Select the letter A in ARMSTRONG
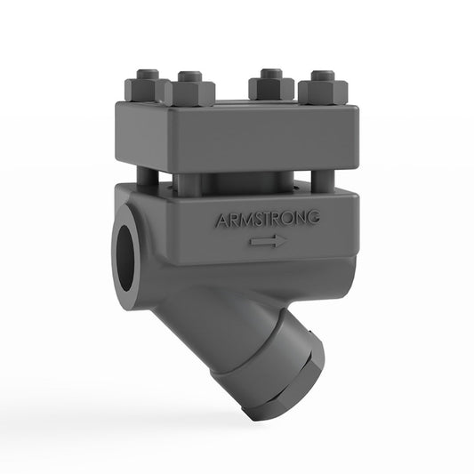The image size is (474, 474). coord(220,220)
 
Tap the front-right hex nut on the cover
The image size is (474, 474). coord(323,92)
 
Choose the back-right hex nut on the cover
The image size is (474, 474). coord(270,86)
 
